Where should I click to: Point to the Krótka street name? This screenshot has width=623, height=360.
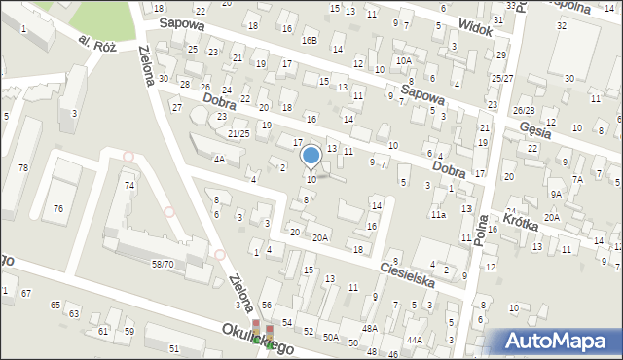[x=523, y=223]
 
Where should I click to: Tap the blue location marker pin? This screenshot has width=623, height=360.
[x=311, y=156]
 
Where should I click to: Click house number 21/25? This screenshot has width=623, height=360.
[x=238, y=132]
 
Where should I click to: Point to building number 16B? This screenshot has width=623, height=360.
[x=310, y=41]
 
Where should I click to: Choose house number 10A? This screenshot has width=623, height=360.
[x=403, y=60]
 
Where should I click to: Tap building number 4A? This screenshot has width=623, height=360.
[x=219, y=159]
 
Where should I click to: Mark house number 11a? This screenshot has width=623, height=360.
[x=439, y=214]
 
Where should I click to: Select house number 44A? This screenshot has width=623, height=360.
[x=415, y=340]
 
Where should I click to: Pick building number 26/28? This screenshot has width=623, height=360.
[x=524, y=111]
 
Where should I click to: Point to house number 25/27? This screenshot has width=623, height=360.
[x=502, y=78]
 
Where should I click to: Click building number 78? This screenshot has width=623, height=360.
[x=22, y=168]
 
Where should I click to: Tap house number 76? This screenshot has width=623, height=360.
[x=58, y=208]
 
